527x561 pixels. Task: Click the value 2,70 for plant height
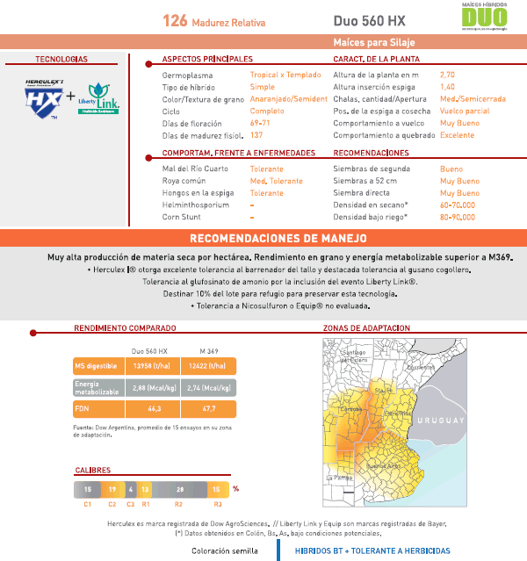[x=447, y=76]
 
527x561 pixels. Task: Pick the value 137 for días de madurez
[x=256, y=136]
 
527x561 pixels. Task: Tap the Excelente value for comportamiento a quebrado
[x=457, y=136]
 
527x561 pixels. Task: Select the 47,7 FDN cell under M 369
[x=209, y=409]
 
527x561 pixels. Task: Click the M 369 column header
[x=209, y=349]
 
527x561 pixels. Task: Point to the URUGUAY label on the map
[x=438, y=421]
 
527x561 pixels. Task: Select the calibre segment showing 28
[x=180, y=489]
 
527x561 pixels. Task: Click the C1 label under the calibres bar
[x=88, y=505]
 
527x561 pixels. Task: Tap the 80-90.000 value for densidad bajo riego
[x=458, y=216]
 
